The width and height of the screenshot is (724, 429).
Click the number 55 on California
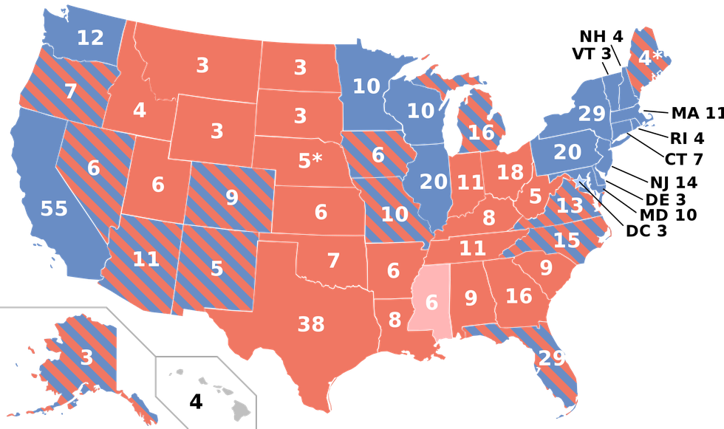click(54, 209)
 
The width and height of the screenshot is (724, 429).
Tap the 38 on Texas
click(311, 323)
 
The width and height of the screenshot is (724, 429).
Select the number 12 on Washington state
click(90, 38)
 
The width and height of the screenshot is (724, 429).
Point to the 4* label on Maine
click(650, 58)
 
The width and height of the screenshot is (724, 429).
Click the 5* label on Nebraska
click(310, 160)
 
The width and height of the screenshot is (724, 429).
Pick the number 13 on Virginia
click(570, 206)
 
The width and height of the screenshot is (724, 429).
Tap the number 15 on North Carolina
click(567, 240)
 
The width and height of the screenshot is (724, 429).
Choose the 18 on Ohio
click(510, 173)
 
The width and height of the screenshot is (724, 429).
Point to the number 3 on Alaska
click(86, 358)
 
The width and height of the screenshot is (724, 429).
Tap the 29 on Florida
click(551, 358)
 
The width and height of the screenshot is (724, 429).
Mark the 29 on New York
click(592, 114)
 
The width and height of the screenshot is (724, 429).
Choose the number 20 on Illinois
click(434, 181)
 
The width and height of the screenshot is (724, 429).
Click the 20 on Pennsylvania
click(567, 151)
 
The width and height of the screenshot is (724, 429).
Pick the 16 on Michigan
click(481, 133)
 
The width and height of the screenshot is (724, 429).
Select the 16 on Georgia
click(519, 296)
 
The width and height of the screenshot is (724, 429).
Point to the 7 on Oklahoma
click(333, 260)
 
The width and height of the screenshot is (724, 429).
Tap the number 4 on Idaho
click(140, 111)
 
